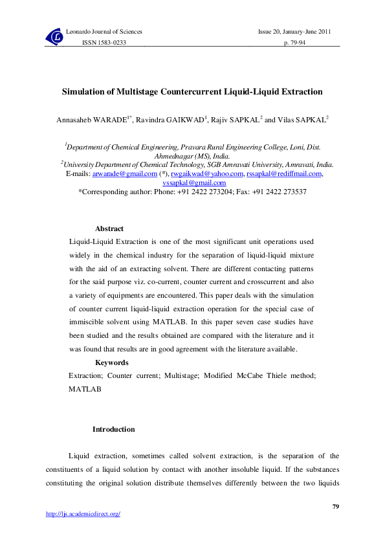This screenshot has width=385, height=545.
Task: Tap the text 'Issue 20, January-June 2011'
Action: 295,31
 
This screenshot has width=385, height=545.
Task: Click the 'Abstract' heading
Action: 109,228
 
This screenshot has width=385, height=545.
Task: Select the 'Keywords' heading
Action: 111,362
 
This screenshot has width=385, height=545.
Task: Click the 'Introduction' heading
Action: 114,429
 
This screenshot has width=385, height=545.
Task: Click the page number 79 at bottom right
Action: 335,506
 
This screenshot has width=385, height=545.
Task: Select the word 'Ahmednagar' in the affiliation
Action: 173,156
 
